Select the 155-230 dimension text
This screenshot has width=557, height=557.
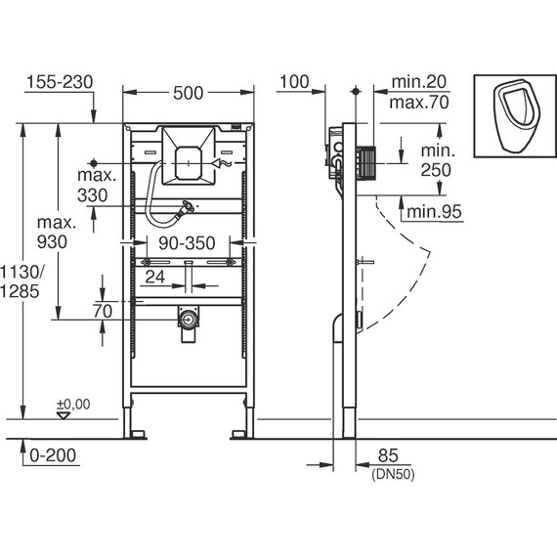tap(59, 83)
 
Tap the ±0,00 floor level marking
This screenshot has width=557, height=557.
tap(72, 404)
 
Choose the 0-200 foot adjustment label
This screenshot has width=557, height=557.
tap(52, 454)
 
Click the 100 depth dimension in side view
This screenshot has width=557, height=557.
tap(294, 81)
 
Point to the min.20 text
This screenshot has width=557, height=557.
tap(418, 82)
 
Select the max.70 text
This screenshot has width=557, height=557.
tap(418, 101)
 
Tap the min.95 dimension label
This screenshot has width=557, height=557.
tap(434, 211)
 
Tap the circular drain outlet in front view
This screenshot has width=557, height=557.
tap(188, 319)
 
